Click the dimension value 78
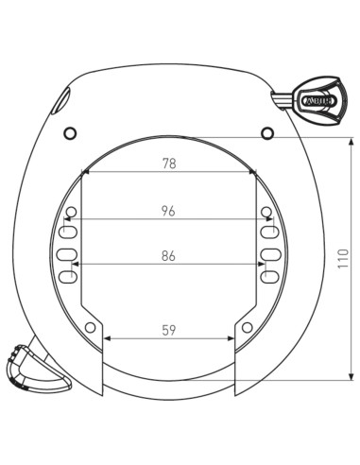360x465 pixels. tap(169, 164)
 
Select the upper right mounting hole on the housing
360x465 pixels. tap(267, 129)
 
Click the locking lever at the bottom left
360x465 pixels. tap(35, 370)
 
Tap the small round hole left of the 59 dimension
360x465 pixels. tap(91, 327)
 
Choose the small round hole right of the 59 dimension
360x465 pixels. tap(247, 327)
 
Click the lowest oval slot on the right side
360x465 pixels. tap(268, 277)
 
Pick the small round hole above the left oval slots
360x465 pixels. tap(71, 211)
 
